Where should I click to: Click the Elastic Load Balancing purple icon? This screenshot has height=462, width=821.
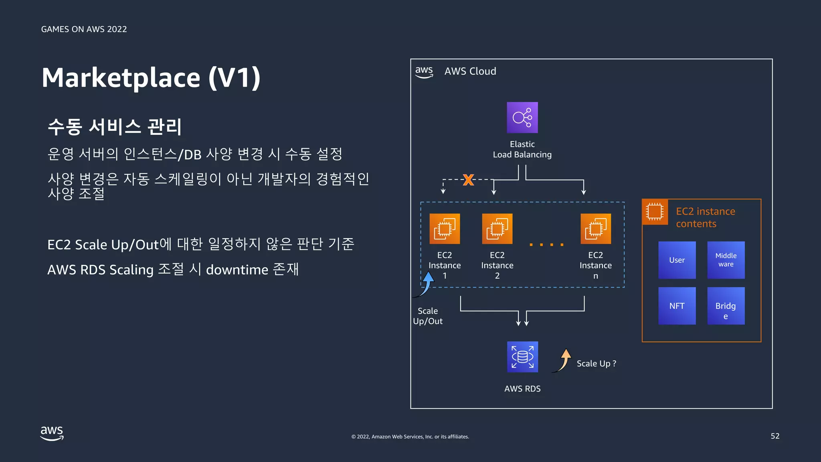(x=522, y=118)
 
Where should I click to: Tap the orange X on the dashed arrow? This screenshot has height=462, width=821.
(x=468, y=179)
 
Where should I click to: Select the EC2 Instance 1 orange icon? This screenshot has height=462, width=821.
(x=445, y=229)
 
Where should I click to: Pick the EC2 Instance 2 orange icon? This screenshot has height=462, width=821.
(x=497, y=229)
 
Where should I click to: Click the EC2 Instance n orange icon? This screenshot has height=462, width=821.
(x=596, y=229)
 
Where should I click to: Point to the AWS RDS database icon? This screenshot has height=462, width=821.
(x=522, y=357)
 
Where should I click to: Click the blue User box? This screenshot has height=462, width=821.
(x=677, y=260)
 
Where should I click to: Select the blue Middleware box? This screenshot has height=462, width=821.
(x=726, y=260)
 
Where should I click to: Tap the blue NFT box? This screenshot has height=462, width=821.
(x=677, y=306)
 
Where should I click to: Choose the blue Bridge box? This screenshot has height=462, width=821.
(x=726, y=306)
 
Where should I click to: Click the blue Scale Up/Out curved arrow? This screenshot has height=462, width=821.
(x=426, y=284)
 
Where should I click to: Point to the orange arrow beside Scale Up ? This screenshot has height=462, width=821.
(x=563, y=360)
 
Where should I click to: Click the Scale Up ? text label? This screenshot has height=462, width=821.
(x=596, y=363)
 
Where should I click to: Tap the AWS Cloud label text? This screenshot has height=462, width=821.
(x=470, y=71)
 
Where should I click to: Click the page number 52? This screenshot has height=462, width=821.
(x=774, y=436)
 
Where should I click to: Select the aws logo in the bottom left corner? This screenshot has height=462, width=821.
(x=52, y=433)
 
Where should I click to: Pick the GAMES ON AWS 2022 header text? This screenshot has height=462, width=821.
(x=84, y=29)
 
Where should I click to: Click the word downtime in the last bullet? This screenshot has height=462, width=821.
(x=237, y=270)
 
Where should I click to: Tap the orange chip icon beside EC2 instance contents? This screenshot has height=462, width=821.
(x=655, y=211)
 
